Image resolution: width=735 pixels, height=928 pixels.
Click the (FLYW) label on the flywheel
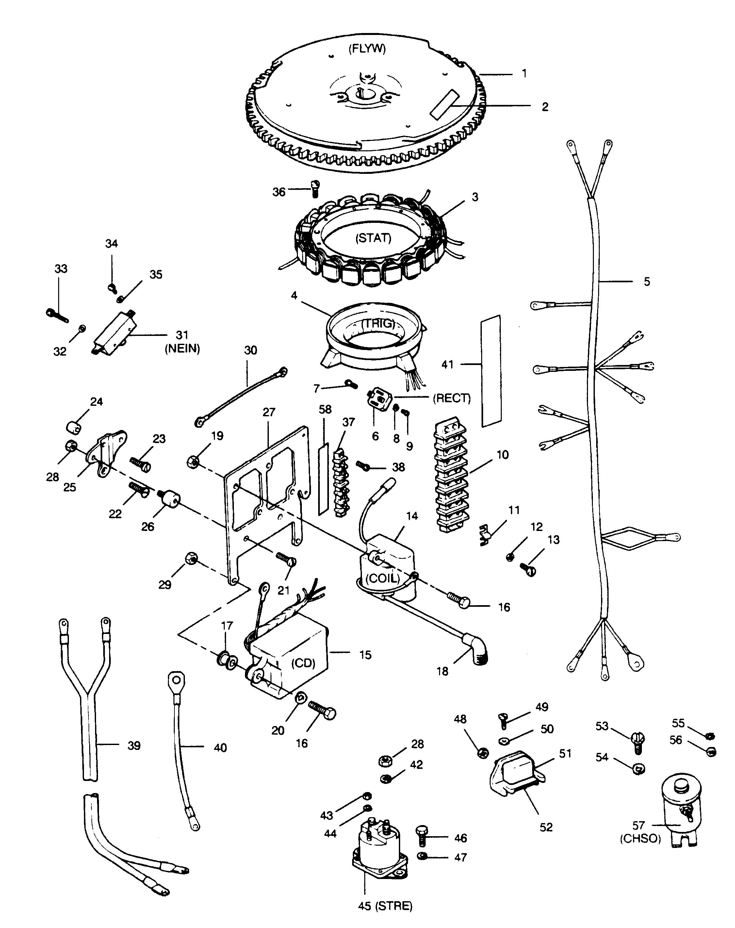coord(367,49)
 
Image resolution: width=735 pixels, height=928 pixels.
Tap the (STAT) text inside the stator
coord(373,238)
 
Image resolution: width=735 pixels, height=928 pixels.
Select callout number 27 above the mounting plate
coord(269,412)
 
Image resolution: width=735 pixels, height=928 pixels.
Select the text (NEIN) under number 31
coord(182,349)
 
